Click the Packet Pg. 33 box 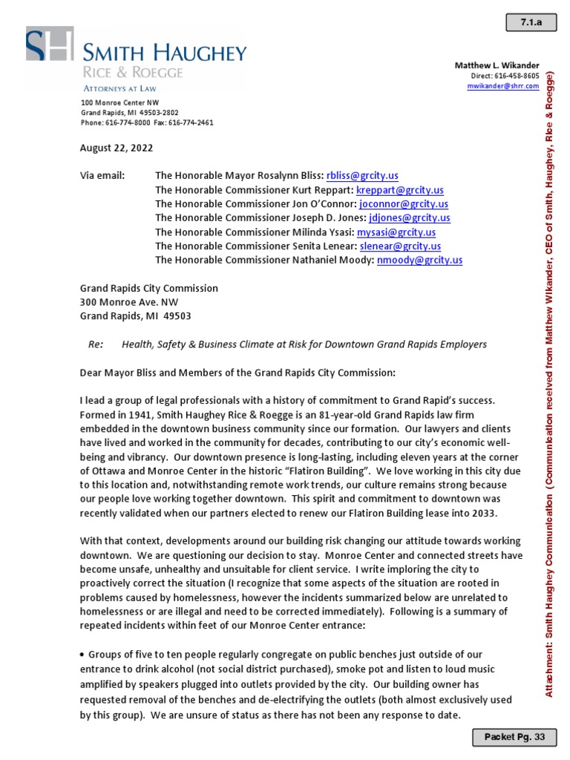click(x=514, y=737)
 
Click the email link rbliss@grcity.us click(x=362, y=176)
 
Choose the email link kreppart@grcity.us click(x=401, y=190)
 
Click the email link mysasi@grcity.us click(x=396, y=232)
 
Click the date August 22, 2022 click(x=117, y=148)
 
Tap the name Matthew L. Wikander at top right click(x=497, y=66)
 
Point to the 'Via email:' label click(x=102, y=176)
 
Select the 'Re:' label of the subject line click(x=95, y=344)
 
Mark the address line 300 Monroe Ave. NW click(x=129, y=302)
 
